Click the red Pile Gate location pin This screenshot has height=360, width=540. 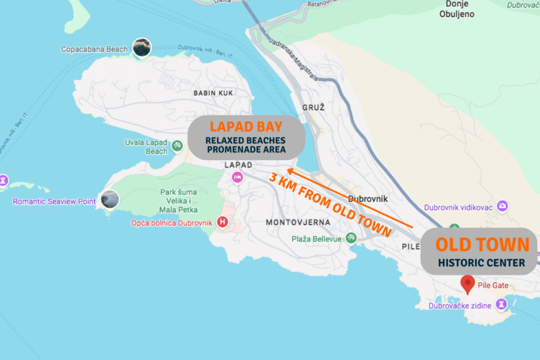pyautogui.click(x=467, y=284)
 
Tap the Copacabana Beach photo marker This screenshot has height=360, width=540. pyautogui.click(x=141, y=47)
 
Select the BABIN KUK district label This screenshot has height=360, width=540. pyautogui.click(x=213, y=93)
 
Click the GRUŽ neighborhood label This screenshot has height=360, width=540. pyautogui.click(x=313, y=107)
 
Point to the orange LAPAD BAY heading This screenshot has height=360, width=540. pyautogui.click(x=246, y=127)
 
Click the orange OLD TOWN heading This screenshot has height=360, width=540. pyautogui.click(x=481, y=245)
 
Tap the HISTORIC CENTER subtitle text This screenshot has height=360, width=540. pyautogui.click(x=481, y=262)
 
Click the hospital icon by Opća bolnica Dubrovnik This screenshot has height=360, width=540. pyautogui.click(x=223, y=222)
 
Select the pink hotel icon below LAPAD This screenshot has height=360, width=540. pyautogui.click(x=237, y=178)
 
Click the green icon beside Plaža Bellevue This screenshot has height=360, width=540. pyautogui.click(x=351, y=239)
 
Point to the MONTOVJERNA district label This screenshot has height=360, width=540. pyautogui.click(x=298, y=222)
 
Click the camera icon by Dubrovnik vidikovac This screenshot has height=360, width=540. pyautogui.click(x=503, y=206)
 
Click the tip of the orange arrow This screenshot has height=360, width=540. pyautogui.click(x=287, y=170)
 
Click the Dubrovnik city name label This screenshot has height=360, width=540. pyautogui.click(x=368, y=199)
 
